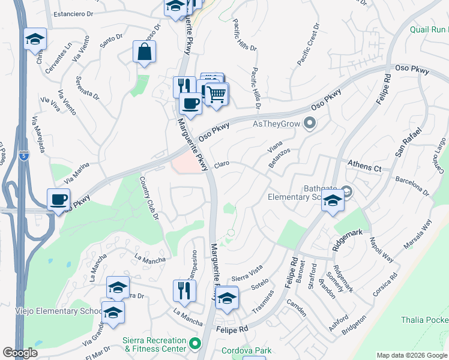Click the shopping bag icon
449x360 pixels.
[145, 52]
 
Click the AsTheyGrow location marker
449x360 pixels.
[310, 124]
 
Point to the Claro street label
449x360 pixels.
[221, 163]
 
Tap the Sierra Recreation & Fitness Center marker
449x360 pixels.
[194, 344]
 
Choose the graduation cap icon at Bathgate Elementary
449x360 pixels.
[332, 202]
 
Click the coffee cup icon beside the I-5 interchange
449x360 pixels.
[59, 200]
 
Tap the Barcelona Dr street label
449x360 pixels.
[412, 185]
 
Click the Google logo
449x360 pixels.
[20, 353]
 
